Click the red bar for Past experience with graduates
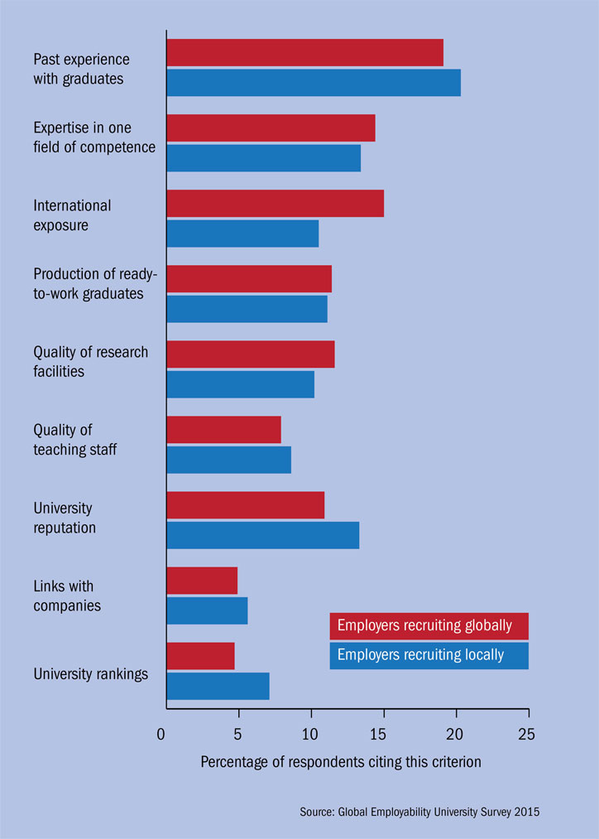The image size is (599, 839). click(304, 53)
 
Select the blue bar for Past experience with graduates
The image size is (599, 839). click(314, 83)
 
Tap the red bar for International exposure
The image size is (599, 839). click(275, 204)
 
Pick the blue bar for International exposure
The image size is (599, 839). click(242, 234)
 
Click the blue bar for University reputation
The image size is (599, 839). click(262, 535)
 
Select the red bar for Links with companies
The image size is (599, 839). click(202, 581)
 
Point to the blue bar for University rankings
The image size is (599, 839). click(218, 686)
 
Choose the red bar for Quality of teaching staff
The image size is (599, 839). click(223, 430)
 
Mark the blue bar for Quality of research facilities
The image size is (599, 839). click(240, 384)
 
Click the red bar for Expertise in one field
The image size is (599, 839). click(271, 128)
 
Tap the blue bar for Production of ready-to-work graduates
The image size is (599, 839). click(247, 309)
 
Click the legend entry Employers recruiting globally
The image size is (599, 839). click(429, 626)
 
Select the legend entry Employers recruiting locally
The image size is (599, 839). click(429, 655)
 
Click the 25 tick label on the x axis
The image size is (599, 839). click(527, 734)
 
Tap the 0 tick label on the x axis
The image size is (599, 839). click(161, 734)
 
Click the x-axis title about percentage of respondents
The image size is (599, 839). click(340, 762)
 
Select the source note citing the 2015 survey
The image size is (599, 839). click(419, 812)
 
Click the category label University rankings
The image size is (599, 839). click(91, 673)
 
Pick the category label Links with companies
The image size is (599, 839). click(67, 596)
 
